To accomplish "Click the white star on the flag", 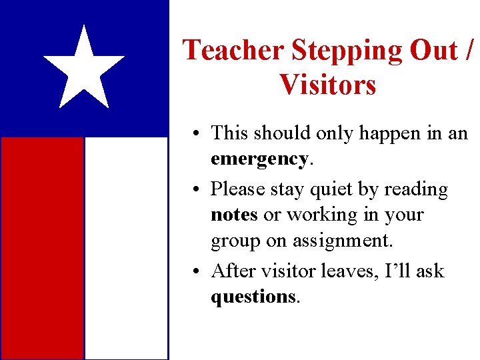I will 84,69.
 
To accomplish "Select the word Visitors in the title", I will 328,85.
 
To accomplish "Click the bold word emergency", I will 259,159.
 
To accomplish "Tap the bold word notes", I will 234,215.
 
